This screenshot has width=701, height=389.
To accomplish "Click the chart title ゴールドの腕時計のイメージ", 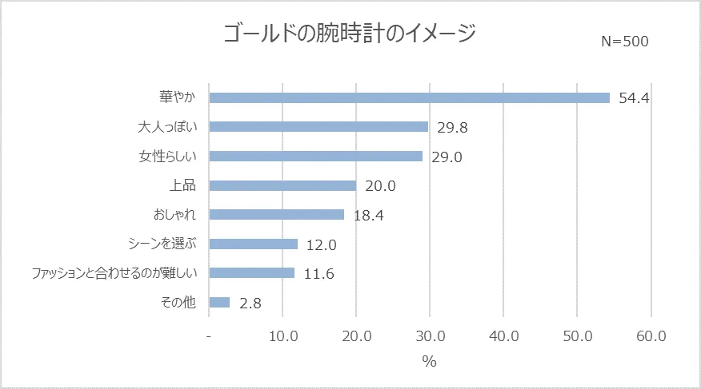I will point(349,34).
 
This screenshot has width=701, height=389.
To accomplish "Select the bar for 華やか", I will point(409,97).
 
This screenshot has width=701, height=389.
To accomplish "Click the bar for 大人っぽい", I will point(318,126).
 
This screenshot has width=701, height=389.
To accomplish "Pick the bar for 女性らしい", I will point(315,156).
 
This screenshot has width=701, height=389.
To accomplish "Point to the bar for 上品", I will point(282,185).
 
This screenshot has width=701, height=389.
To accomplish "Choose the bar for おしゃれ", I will point(276,214).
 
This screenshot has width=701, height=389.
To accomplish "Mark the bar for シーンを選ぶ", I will point(253,244).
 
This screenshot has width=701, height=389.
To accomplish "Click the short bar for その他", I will point(219,302).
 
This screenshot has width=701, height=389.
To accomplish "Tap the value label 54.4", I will point(634,98).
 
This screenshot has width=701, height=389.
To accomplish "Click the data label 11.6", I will point(318,274).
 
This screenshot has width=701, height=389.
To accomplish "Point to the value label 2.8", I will point(250,303).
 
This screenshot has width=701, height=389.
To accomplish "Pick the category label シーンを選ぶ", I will point(162,244).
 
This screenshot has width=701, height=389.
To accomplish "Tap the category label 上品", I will point(183,185).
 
